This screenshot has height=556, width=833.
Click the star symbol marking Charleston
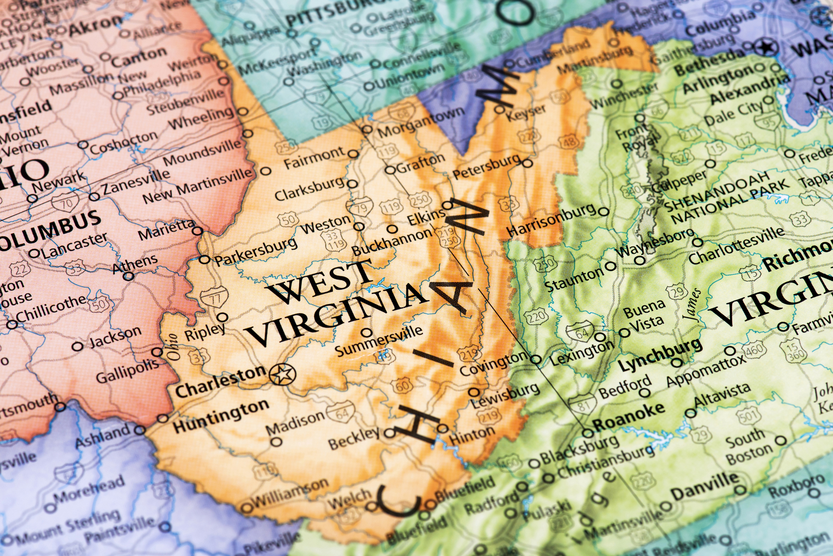click(282, 374)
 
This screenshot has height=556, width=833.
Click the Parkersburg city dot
click(204, 259)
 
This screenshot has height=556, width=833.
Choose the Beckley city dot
click(389, 433)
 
